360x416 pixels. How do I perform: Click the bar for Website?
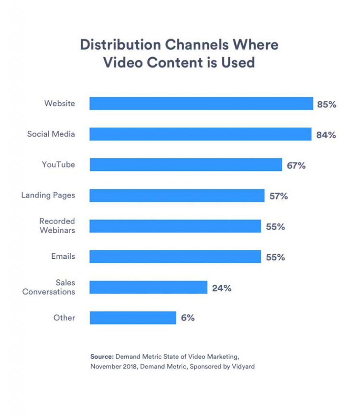click(x=201, y=104)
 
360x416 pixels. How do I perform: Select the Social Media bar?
click(x=200, y=134)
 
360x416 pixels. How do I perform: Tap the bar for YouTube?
click(x=186, y=165)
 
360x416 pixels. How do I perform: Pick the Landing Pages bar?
click(x=177, y=195)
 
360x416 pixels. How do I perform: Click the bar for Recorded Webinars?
click(x=175, y=226)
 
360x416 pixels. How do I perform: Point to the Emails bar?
click(x=175, y=257)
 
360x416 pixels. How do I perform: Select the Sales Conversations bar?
click(x=148, y=287)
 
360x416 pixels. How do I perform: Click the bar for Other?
click(x=133, y=318)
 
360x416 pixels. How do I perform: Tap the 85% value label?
click(x=327, y=104)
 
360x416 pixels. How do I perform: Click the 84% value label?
click(x=326, y=135)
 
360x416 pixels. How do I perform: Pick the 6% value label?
click(x=188, y=318)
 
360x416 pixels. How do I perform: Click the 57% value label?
click(x=278, y=196)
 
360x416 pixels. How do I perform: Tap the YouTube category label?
click(x=58, y=165)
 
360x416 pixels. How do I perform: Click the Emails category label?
click(x=63, y=256)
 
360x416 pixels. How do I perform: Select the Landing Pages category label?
click(x=48, y=195)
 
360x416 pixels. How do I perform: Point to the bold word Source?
click(x=102, y=356)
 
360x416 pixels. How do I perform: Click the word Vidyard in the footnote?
click(x=243, y=367)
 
